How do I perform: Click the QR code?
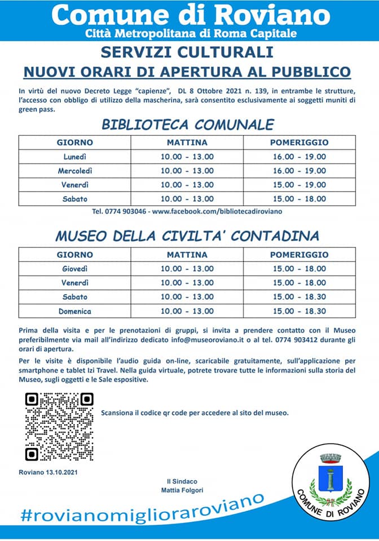click(x=59, y=426)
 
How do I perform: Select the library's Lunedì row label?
click(x=74, y=156)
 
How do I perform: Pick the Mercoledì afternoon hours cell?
click(x=298, y=170)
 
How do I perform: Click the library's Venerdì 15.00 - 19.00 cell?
click(x=298, y=184)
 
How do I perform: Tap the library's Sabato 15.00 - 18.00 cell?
click(x=298, y=198)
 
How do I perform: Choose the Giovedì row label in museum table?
click(x=74, y=268)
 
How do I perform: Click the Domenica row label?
click(x=74, y=311)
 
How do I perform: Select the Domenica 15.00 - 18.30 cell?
click(x=298, y=311)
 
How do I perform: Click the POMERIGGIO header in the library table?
click(x=298, y=142)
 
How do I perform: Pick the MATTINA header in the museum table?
click(x=187, y=255)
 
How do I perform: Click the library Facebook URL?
click(x=217, y=211)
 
